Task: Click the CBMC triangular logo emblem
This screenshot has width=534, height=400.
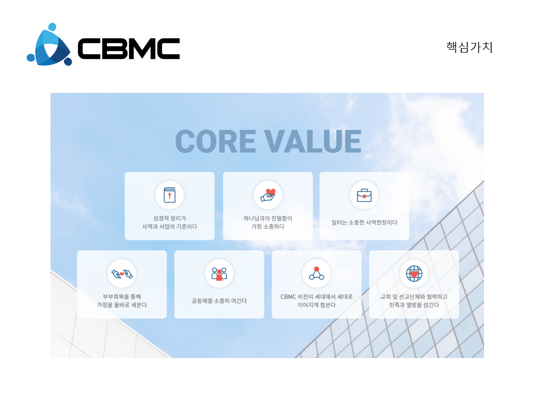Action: point(49,45)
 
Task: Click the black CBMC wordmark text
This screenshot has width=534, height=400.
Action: point(129,48)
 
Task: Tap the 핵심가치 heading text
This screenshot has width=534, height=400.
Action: point(470,47)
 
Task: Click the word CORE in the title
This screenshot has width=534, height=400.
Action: point(216,141)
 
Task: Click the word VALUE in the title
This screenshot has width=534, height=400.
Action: point(313,141)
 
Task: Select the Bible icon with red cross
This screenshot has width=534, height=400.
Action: point(169,195)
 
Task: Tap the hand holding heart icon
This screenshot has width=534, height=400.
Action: point(268,195)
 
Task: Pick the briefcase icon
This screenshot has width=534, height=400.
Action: point(365,196)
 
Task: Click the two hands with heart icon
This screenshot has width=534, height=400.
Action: point(122,273)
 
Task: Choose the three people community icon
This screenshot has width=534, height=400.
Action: point(219,274)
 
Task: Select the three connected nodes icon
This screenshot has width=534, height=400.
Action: point(317,273)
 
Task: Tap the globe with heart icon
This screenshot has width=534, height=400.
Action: point(414,273)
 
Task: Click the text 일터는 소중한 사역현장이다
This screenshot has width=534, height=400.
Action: point(365,222)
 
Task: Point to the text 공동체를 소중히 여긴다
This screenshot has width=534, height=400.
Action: point(219,301)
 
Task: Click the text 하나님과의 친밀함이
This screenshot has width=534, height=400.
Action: point(268,219)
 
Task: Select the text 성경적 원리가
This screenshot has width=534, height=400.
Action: point(169,219)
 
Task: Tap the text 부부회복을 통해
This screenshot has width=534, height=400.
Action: point(122,297)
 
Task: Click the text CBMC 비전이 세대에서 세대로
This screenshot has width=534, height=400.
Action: point(317,297)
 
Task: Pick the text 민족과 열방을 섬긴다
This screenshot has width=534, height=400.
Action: point(414,305)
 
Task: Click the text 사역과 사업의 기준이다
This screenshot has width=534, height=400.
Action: point(169,227)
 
